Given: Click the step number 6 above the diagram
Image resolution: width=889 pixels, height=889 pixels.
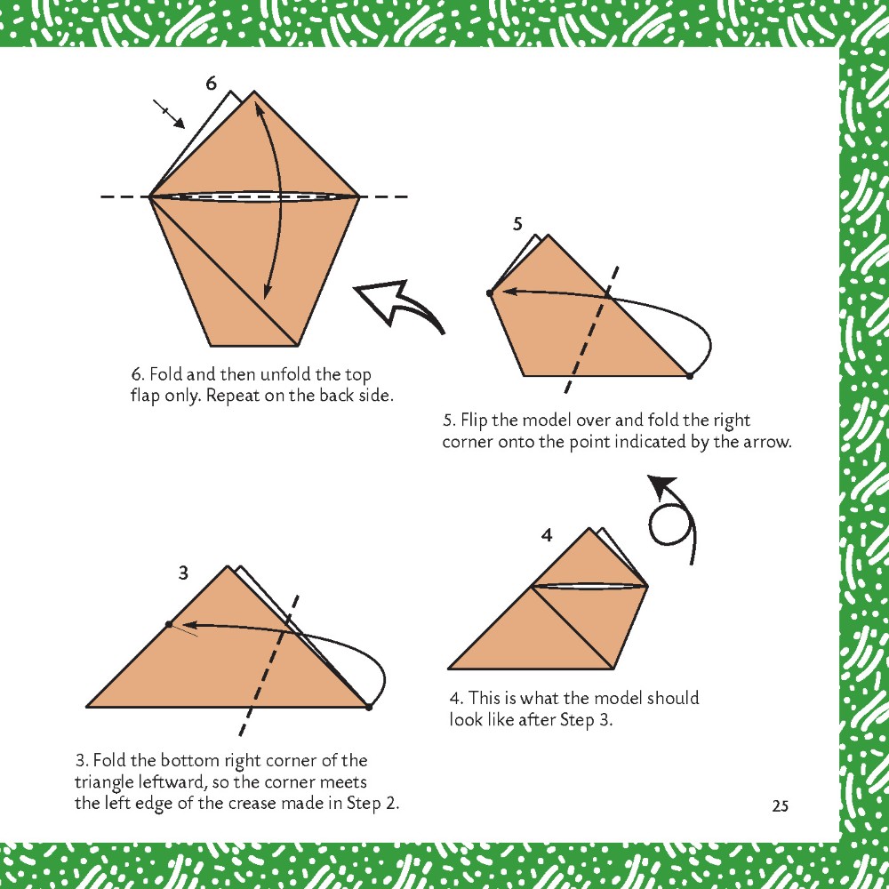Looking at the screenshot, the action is (x=211, y=84).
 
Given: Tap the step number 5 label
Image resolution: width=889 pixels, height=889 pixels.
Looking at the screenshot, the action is (x=517, y=225).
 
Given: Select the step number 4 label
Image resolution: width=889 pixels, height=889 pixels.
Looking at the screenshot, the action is (x=546, y=535).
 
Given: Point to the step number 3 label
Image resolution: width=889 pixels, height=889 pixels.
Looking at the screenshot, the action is (x=183, y=573).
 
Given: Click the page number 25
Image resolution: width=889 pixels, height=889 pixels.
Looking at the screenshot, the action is (x=781, y=805).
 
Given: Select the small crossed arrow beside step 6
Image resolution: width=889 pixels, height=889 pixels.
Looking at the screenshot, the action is (x=169, y=114).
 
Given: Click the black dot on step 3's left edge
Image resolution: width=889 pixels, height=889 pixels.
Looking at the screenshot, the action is (x=169, y=624).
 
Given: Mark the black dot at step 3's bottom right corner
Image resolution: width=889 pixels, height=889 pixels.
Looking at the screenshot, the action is (x=369, y=707).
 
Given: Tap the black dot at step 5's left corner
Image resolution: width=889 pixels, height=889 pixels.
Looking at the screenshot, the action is (x=491, y=292).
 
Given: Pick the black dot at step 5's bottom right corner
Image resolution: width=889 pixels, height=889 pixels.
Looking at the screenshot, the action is (x=690, y=375).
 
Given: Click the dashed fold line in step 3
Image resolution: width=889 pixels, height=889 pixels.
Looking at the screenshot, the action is (x=268, y=665).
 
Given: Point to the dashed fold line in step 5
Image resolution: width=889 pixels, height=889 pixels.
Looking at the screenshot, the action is (x=591, y=330).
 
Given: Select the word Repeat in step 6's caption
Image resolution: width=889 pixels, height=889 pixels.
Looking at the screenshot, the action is (x=231, y=396).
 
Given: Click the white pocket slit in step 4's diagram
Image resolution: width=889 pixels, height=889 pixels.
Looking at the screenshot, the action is (x=589, y=585).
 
